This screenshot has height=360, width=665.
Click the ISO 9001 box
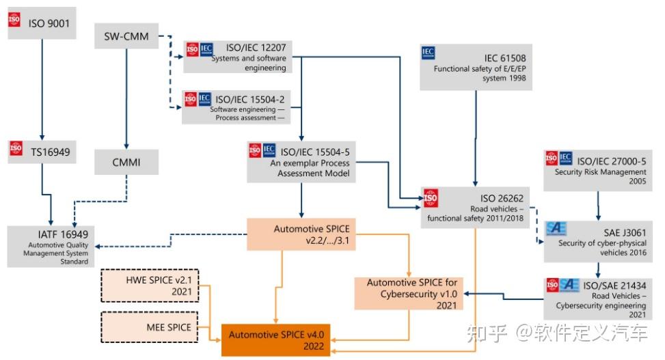42,23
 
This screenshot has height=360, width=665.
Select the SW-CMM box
126,36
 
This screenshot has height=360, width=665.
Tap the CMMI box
126,162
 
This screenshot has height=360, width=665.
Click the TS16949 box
42,152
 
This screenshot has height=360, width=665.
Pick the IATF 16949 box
51,247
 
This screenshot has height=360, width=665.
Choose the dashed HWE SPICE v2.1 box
150,286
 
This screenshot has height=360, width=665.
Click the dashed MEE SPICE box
150,327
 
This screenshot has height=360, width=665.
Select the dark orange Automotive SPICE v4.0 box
275,340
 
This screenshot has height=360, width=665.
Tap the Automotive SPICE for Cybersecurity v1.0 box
409,294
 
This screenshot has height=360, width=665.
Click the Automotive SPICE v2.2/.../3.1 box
301,234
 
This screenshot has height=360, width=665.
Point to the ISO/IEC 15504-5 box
301,162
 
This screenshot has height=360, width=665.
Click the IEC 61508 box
476,67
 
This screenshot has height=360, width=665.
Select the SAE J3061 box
598,242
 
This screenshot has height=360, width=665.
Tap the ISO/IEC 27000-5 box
598,171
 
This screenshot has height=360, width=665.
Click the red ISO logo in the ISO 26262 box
430,198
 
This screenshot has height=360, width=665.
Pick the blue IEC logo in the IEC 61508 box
429,53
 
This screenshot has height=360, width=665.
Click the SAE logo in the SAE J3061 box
556,228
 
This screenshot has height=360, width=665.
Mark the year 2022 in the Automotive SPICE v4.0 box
314,346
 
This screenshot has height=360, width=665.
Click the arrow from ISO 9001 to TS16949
42,89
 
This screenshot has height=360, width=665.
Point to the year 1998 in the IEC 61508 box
517,78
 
